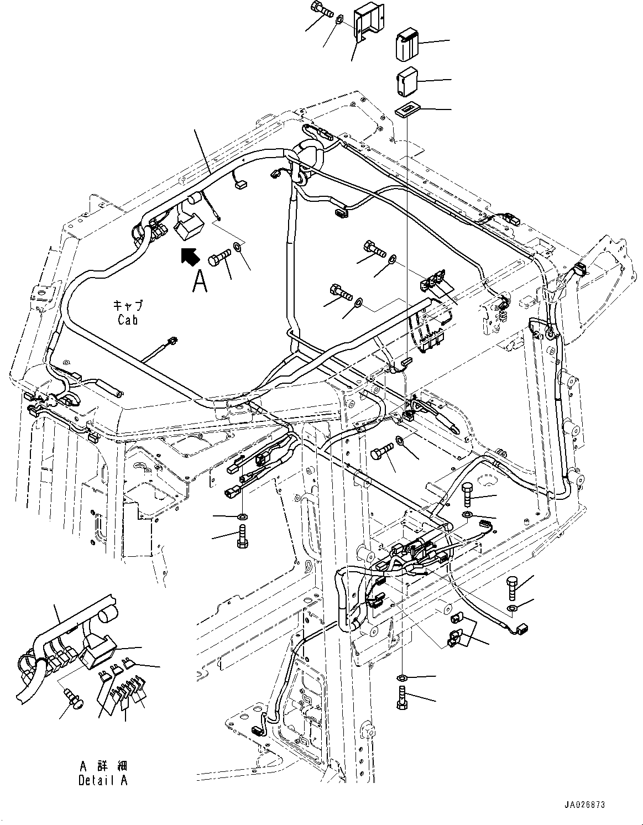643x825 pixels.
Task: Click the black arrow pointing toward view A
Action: [190, 257]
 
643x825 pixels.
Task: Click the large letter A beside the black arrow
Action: [200, 283]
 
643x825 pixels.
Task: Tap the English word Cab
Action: [128, 320]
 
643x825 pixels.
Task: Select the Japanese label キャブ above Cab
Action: [128, 305]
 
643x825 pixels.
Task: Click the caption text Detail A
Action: [103, 780]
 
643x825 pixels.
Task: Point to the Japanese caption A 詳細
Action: [103, 766]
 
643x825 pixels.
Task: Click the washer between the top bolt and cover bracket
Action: [339, 20]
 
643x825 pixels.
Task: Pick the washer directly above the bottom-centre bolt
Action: [402, 678]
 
